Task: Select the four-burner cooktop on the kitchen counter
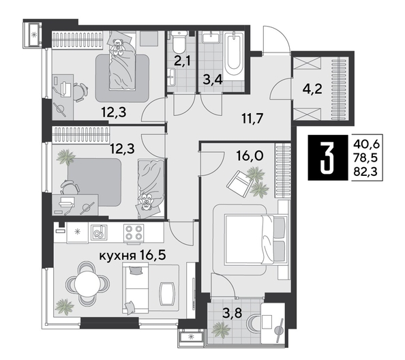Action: click(x=132, y=232)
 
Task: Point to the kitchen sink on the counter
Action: click(x=100, y=232)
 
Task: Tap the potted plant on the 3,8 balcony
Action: click(x=222, y=329)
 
